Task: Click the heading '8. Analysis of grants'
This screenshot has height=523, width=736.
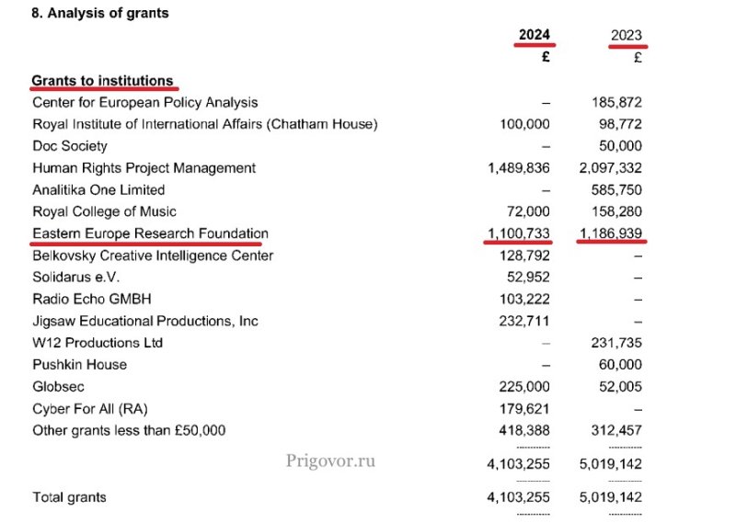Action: coord(100,14)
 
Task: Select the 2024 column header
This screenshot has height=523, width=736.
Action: coord(534,35)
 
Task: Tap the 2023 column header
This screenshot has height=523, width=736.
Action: coord(627,35)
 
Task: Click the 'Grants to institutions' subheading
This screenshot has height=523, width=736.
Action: coord(102,81)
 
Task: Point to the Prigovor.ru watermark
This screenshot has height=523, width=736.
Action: coord(331,460)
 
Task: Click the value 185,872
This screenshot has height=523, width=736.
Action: coord(617,102)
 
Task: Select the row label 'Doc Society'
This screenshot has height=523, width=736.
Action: coord(70,146)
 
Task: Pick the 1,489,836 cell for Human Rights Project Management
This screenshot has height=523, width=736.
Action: coord(519,168)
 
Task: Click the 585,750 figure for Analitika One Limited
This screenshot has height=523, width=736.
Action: coord(617,189)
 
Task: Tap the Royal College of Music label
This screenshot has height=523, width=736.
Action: coord(104,211)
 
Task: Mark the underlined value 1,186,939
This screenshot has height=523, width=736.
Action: coord(611,233)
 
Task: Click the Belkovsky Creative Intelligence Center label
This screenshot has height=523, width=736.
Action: coord(153,256)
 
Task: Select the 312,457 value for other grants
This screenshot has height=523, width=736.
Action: coord(617,430)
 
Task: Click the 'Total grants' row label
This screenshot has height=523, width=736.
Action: coord(69,497)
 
